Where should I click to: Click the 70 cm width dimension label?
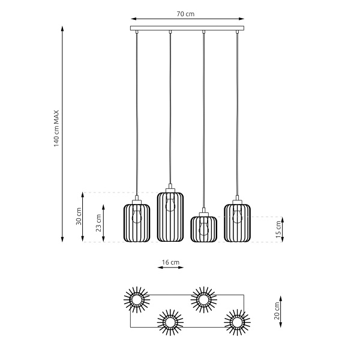187,13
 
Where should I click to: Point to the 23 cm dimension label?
98,223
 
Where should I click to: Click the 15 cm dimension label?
277,229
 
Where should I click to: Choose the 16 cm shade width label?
171,262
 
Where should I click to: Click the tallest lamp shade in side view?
170,217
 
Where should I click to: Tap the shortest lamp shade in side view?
203,229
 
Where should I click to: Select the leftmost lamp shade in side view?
137,223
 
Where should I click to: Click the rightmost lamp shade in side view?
238,223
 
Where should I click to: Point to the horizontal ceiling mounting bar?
188,28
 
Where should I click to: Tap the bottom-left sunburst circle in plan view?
170,323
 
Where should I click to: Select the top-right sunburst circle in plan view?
203,298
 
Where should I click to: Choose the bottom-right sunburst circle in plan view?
237,323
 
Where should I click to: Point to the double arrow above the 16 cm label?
171,269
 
